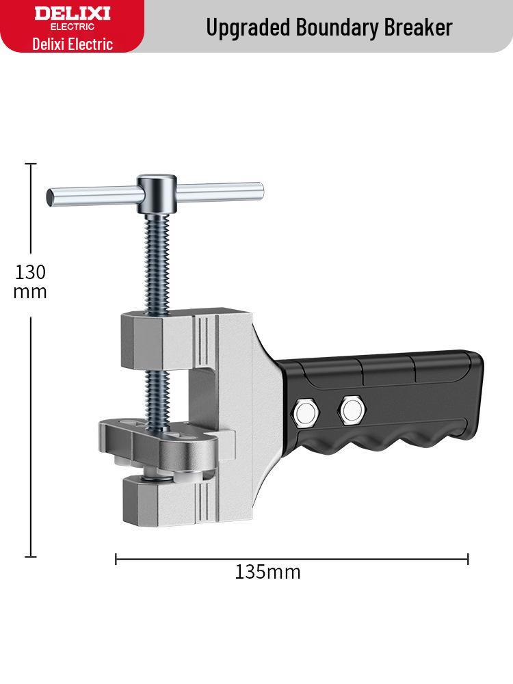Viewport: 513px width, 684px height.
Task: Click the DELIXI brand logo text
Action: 72,14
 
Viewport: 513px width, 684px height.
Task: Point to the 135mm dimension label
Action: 267,572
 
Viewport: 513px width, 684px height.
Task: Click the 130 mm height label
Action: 31,282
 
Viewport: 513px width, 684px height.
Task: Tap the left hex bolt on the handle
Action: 304,410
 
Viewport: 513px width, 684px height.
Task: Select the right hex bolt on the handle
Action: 352,410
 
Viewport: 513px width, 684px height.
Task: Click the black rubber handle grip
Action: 404,397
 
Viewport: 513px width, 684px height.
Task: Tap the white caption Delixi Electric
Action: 72,44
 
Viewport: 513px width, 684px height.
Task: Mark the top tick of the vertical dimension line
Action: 31,164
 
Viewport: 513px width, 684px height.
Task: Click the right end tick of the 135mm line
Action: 468,560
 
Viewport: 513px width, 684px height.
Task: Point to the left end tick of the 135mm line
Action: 116,560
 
